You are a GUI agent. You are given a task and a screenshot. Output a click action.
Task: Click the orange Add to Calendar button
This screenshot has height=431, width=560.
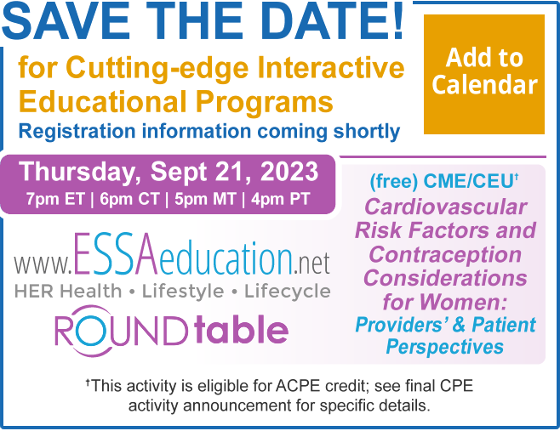coord(484,74)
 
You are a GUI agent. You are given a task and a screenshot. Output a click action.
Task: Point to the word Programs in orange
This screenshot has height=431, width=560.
coord(265,103)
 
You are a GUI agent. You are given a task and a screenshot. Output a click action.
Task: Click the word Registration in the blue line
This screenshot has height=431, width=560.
coord(77,132)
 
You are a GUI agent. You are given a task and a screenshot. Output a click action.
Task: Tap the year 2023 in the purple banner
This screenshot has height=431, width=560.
coord(289,172)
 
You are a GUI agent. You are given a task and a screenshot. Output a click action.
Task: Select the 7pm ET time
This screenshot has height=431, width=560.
coord(55,199)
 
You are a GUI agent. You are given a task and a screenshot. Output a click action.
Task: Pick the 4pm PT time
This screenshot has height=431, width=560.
coord(280,199)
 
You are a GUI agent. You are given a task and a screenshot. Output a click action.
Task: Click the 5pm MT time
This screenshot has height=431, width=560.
coord(205,199)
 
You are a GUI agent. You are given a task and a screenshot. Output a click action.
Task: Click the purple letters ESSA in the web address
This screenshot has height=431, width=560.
coord(116,253)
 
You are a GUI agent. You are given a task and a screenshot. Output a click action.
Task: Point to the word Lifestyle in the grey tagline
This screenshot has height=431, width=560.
coord(183,291)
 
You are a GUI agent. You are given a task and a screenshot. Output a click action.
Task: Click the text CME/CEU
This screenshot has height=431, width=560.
coord(468,181)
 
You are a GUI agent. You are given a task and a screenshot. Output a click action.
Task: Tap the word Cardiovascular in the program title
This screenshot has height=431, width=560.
coord(445,207)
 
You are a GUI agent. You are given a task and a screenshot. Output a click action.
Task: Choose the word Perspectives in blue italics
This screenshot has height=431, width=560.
coord(444,347)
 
